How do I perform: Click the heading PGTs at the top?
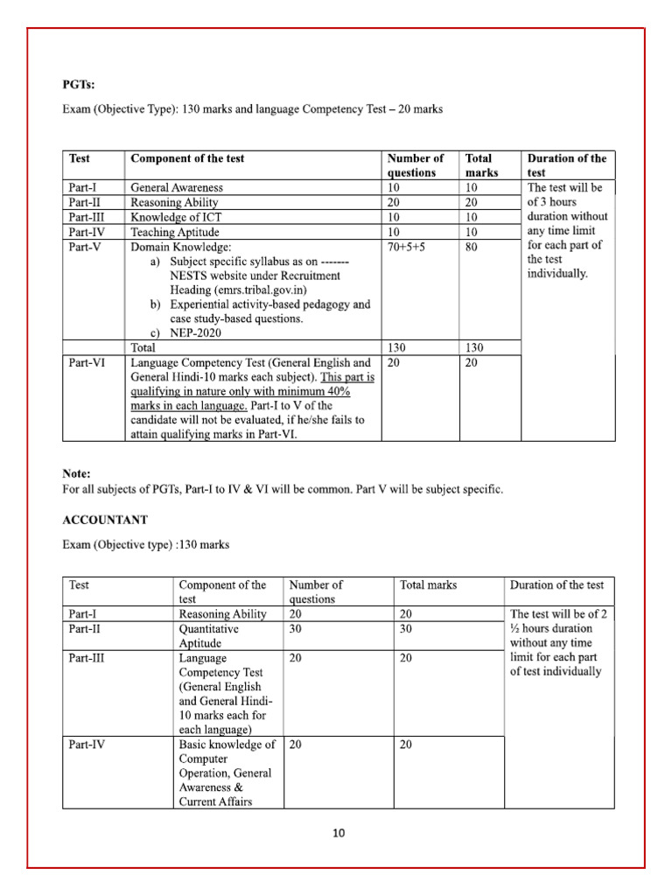point(79,84)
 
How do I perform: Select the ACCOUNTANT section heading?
point(104,520)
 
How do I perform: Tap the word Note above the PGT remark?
point(76,473)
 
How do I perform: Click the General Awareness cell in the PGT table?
point(176,187)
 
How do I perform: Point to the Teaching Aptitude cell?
point(174,232)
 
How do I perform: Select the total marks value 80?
point(472,248)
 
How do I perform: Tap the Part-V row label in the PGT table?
point(85,248)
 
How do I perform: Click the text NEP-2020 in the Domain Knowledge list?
point(200,333)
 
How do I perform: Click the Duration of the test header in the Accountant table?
point(556,584)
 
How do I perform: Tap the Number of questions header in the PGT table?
point(415,165)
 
